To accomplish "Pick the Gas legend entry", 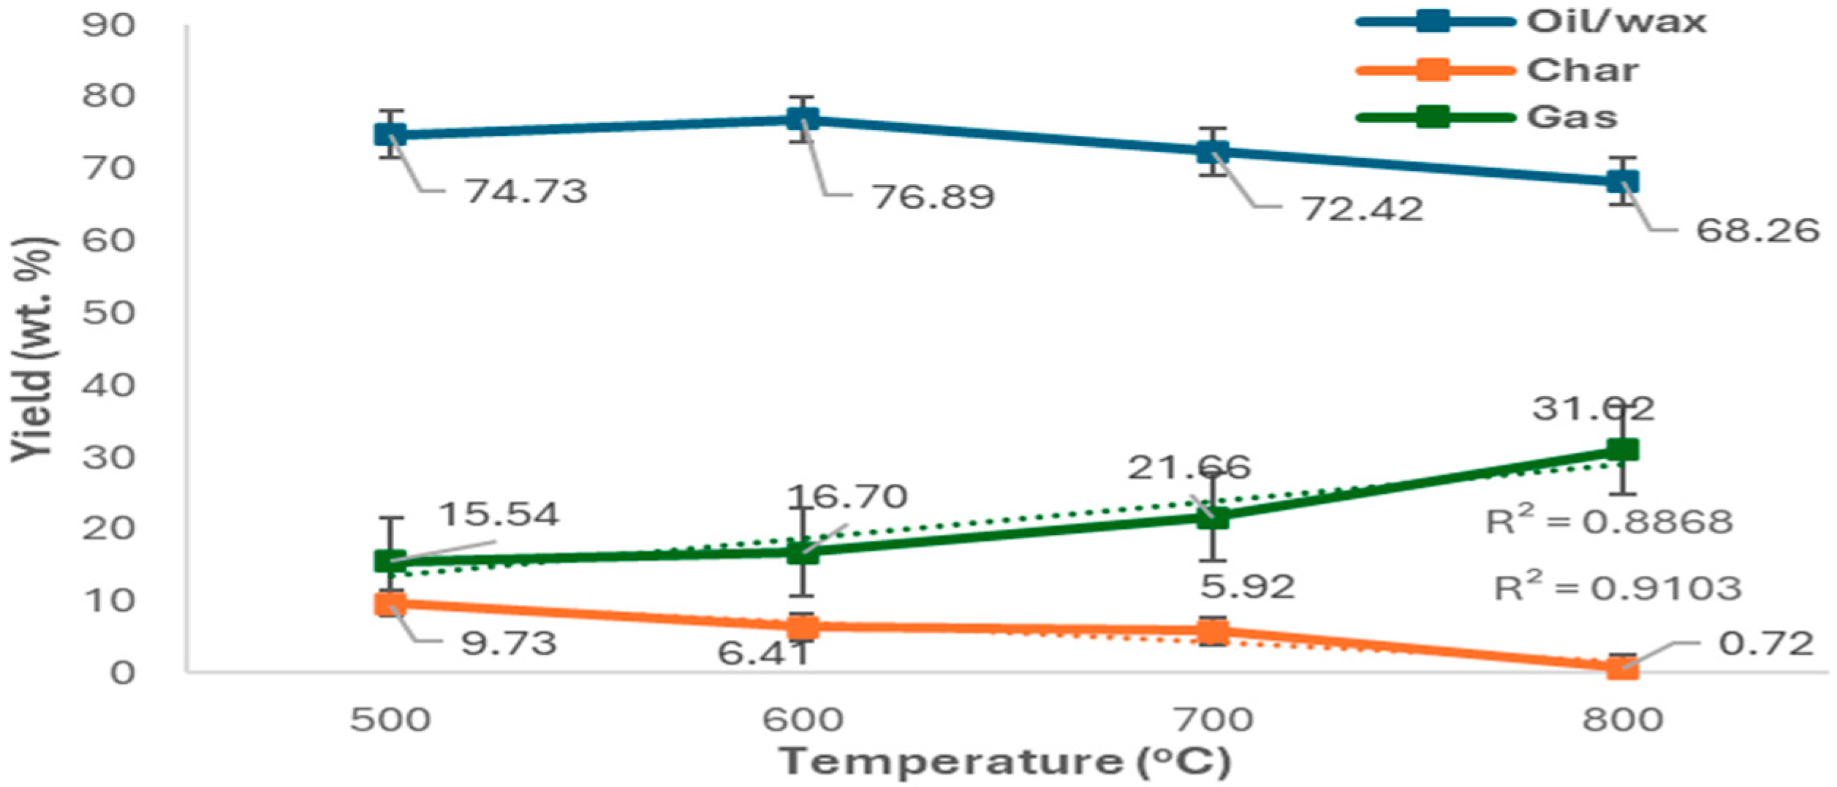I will point(1572,117).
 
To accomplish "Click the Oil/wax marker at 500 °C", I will point(391,134).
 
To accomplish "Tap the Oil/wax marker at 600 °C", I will point(803,119).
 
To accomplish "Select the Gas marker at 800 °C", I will point(1623,450).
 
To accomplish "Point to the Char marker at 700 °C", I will point(1213,631).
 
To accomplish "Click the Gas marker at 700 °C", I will point(1213,517).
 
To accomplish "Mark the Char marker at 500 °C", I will point(391,604).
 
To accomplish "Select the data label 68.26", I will point(1757,231).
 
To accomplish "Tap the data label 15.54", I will point(499,514).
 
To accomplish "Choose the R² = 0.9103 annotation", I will point(1617,588).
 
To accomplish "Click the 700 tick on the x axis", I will point(1213,721).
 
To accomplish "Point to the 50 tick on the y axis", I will point(109,313).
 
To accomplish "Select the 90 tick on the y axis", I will point(109,26).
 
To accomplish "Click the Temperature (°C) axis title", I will point(1004,761).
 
